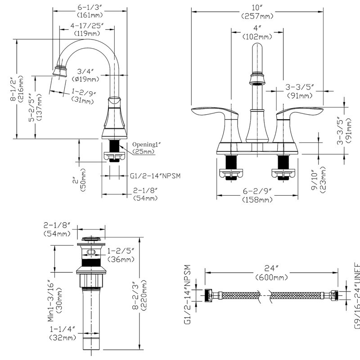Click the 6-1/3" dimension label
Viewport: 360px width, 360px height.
[x=90, y=7]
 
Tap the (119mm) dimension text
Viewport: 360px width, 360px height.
[x=87, y=33]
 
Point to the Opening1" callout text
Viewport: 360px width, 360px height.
[x=146, y=144]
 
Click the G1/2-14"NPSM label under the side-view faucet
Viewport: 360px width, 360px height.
[x=155, y=176]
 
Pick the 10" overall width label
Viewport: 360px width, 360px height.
[x=257, y=8]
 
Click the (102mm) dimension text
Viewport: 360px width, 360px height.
[x=257, y=37]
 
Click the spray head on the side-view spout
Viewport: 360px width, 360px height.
[x=60, y=71]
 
